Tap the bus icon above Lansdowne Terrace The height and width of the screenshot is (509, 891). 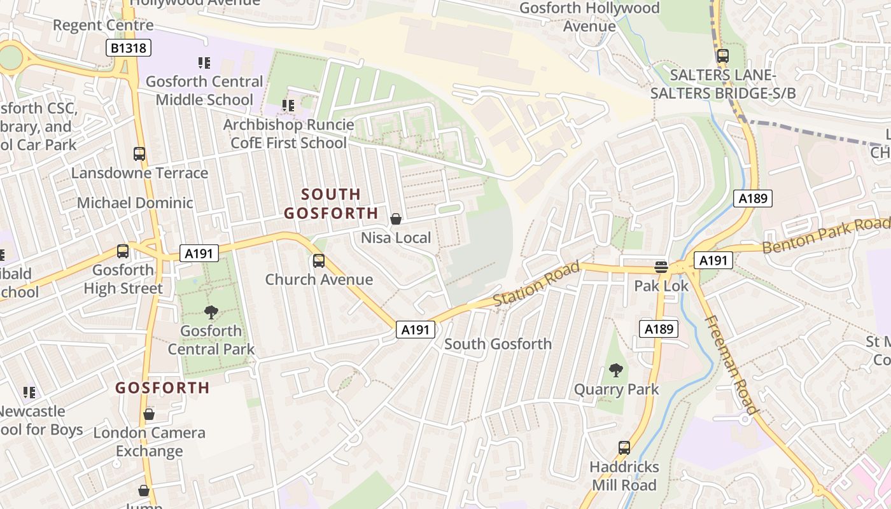(x=139, y=154)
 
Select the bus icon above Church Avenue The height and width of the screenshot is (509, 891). (x=319, y=261)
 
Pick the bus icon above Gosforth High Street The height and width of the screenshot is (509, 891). (x=123, y=251)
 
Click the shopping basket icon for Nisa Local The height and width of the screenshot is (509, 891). (x=396, y=220)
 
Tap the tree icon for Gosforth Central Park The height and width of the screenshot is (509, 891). (x=211, y=312)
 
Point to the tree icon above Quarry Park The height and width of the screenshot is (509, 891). (x=615, y=370)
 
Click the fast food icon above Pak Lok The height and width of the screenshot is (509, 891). (x=661, y=267)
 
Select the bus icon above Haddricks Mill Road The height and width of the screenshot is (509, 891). (x=624, y=448)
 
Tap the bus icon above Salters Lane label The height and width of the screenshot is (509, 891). (x=722, y=56)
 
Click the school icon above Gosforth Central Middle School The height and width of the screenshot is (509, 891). (x=204, y=63)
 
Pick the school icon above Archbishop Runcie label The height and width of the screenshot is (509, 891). (x=288, y=106)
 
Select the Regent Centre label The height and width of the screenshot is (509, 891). (x=103, y=25)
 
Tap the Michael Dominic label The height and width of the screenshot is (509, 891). (x=135, y=203)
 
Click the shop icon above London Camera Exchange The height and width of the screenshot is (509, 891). (x=149, y=415)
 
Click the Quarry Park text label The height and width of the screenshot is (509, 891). (x=617, y=389)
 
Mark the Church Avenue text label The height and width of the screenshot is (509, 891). (x=319, y=279)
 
